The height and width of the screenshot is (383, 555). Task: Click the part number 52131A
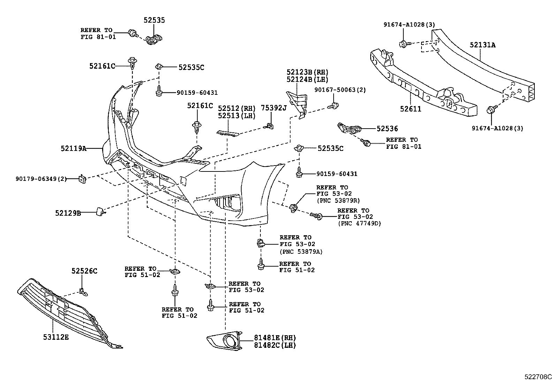pos(482,45)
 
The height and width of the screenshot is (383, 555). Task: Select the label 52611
pos(411,109)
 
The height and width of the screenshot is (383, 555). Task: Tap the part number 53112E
pos(56,337)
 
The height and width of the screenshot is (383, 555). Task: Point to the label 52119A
pos(73,148)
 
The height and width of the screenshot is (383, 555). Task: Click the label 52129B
pos(68,213)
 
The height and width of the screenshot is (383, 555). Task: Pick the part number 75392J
pos(274,108)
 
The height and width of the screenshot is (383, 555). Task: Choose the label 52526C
pos(85,270)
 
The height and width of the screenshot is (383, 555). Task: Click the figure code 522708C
pos(539,377)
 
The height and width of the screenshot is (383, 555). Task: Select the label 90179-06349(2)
pos(41,179)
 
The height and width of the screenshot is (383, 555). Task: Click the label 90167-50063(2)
pos(340,90)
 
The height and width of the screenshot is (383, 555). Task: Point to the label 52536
pos(387,129)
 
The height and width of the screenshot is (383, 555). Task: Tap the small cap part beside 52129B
pos(100,211)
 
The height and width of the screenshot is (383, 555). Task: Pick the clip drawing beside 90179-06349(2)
pos(83,179)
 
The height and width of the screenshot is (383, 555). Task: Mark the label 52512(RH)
pos(237,108)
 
